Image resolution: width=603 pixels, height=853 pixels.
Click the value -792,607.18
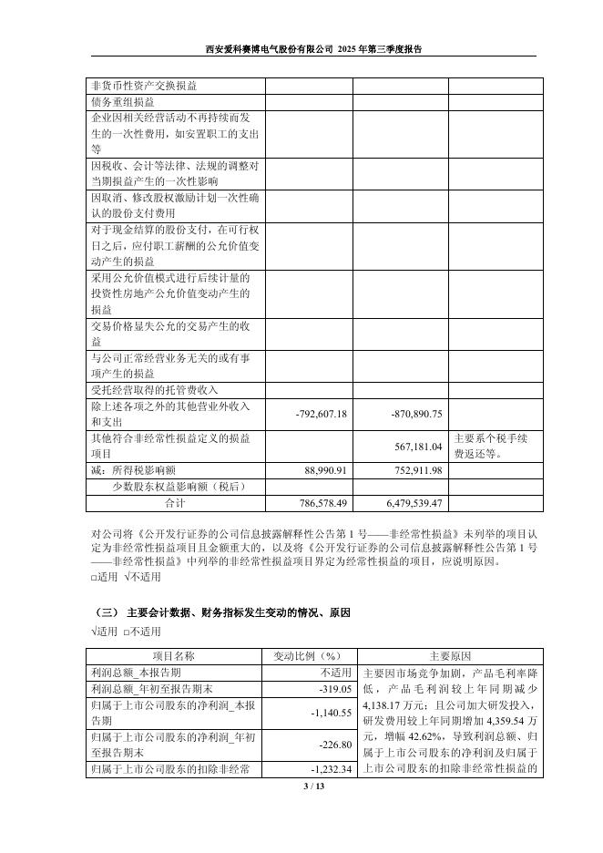click(322, 414)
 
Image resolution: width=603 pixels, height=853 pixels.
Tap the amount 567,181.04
click(415, 447)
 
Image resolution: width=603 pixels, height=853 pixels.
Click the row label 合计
click(175, 503)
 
